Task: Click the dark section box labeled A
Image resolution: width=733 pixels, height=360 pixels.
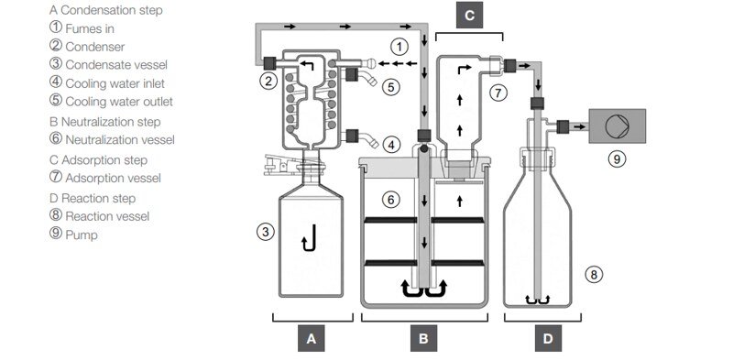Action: pos(312,340)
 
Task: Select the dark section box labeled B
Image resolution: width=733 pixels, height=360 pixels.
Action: pos(423,340)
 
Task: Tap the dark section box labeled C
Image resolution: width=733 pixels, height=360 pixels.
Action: pos(469,15)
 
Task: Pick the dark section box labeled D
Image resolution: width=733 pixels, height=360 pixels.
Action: pos(548,340)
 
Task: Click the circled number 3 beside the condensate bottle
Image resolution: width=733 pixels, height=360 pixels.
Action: pos(265,232)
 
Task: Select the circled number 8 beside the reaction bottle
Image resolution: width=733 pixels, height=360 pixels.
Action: pos(594,273)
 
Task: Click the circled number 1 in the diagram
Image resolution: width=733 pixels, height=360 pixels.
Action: pos(399,44)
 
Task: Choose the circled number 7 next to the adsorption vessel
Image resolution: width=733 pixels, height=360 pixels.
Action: pos(498,92)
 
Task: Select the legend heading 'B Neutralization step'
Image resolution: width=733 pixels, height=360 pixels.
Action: pos(104,121)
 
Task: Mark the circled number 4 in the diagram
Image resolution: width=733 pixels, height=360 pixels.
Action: pos(392,144)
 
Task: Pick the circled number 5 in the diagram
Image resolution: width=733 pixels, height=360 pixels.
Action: pos(391,88)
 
